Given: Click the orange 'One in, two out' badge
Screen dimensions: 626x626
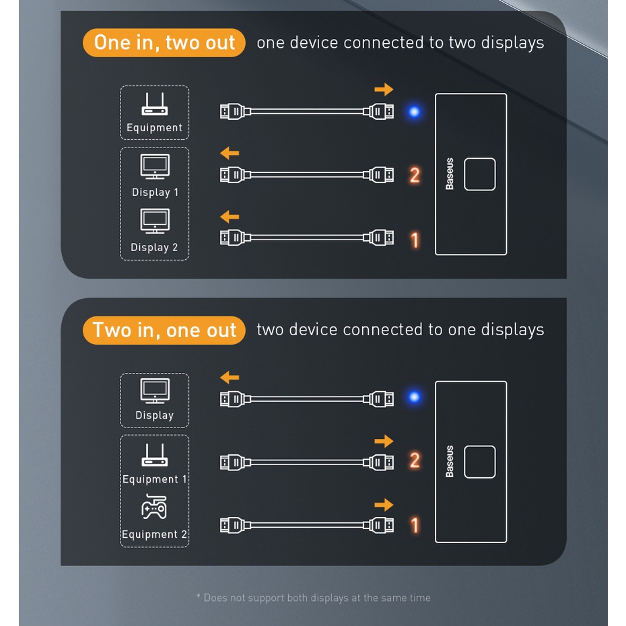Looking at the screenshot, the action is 164,42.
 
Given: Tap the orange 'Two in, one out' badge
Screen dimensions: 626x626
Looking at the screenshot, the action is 164,331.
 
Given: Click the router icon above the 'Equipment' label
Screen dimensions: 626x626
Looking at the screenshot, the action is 154,104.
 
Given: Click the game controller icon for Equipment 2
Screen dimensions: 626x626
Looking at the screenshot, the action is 154,508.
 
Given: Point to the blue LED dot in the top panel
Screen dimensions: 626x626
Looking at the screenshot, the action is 415,112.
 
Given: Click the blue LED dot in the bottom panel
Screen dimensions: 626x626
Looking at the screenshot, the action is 415,397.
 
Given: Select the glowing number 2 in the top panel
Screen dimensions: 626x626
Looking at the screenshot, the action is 415,176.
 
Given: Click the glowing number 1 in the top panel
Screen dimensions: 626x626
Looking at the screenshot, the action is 415,240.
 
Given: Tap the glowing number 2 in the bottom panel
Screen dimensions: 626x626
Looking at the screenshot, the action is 415,461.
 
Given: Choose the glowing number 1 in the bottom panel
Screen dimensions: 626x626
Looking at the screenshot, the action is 415,525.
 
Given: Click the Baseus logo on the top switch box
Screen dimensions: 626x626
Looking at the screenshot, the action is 450,174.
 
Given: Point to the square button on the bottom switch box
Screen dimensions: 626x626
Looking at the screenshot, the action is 480,462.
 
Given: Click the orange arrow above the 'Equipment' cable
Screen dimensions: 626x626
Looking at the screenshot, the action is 384,89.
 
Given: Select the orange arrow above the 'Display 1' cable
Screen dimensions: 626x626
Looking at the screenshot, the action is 230,153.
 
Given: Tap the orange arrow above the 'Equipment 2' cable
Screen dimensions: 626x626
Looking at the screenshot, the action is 384,505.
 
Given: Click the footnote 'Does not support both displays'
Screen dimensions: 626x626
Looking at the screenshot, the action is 313,598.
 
